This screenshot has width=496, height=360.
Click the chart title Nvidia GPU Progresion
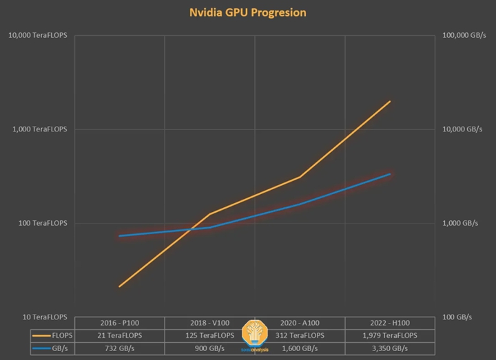click(248, 12)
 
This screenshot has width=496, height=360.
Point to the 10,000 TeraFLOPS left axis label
click(39, 35)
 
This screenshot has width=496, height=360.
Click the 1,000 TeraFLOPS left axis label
click(41, 129)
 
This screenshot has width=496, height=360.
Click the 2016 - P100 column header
click(119, 323)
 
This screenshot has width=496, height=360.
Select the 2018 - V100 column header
click(209, 323)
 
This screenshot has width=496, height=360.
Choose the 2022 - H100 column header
click(390, 323)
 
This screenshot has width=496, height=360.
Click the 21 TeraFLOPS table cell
click(119, 335)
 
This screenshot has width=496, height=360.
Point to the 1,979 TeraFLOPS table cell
click(390, 335)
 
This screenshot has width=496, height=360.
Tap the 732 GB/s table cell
click(119, 348)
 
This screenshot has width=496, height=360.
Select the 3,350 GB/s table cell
click(390, 348)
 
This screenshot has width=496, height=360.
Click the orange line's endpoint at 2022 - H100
click(390, 101)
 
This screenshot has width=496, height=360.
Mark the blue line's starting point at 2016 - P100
click(119, 236)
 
